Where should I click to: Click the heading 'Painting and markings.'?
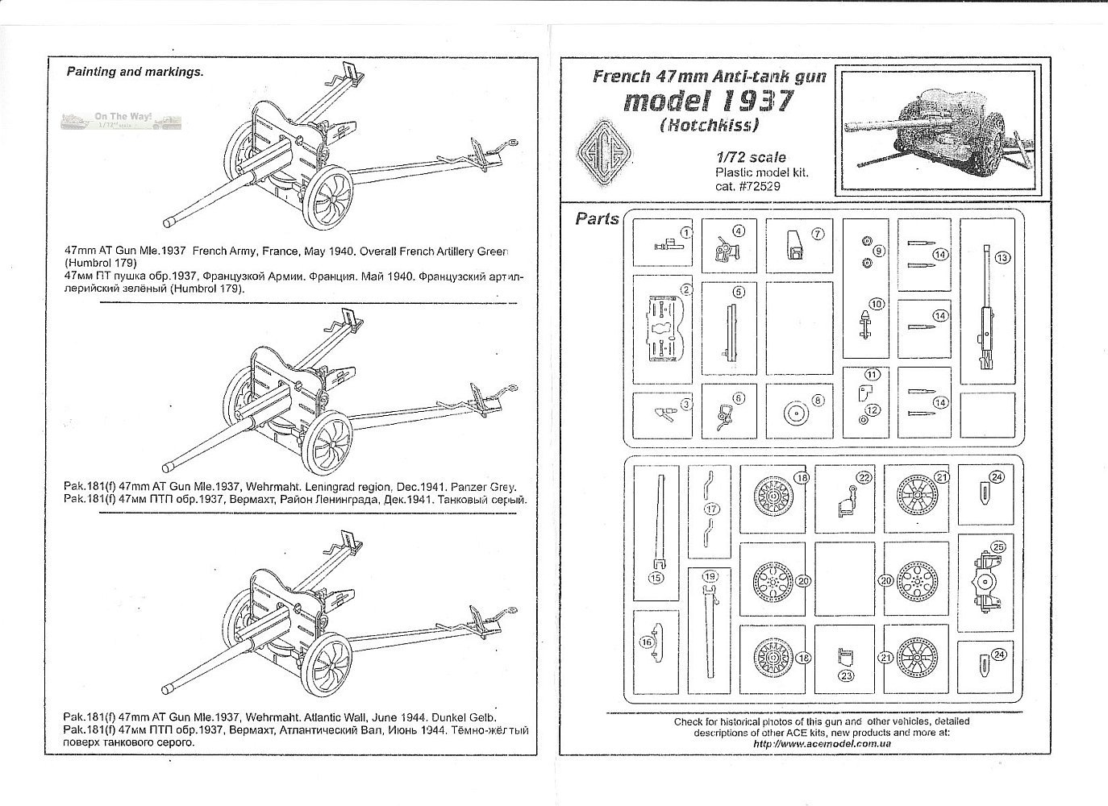[135, 72]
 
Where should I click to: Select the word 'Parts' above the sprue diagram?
[598, 219]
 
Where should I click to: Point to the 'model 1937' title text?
[709, 102]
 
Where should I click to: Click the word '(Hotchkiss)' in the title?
[710, 126]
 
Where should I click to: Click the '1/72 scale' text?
[750, 158]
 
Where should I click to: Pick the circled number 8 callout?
[819, 400]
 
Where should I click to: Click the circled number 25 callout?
[999, 547]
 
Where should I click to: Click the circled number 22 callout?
[864, 478]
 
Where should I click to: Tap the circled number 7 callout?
[817, 234]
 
